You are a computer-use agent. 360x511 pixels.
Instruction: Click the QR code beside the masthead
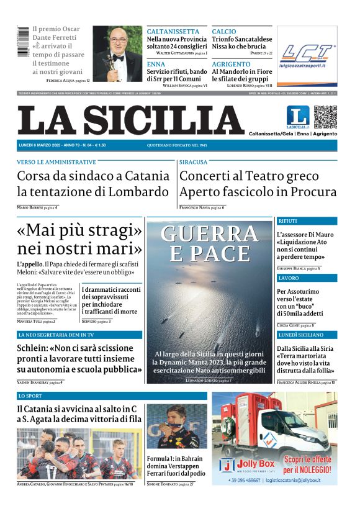tap(325, 117)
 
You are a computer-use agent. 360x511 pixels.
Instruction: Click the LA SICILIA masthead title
tap(131, 121)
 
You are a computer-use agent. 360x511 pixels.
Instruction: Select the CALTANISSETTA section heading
tap(173, 32)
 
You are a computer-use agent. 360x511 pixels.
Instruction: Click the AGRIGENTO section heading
tap(231, 64)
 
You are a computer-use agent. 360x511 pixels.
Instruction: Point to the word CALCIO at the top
tap(224, 32)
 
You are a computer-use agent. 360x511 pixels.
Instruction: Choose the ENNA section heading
tap(156, 64)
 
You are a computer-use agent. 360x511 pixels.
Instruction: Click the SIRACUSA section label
tap(194, 162)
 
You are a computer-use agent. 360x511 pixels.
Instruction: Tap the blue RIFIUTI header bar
tap(307, 221)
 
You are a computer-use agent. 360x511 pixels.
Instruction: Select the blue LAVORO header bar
tap(307, 278)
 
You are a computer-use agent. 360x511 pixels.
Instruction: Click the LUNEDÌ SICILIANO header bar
tap(307, 335)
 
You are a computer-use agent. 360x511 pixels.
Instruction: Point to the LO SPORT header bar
tap(112, 396)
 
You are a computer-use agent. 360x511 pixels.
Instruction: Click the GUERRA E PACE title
tap(210, 243)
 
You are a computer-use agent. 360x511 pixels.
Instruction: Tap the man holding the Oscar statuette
tap(116, 54)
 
